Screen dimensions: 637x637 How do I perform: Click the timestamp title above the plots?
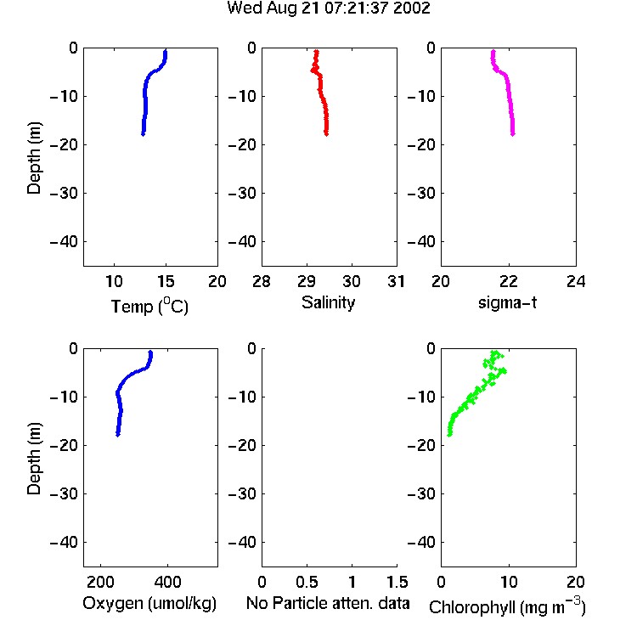pos(328,8)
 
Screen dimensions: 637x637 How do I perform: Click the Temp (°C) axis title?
pos(149,306)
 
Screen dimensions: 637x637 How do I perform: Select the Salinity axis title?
pos(328,302)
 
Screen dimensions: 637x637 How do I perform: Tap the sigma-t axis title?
pos(507,302)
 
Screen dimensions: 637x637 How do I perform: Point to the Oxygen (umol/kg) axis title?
pos(149,603)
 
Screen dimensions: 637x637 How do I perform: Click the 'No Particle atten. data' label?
pos(328,603)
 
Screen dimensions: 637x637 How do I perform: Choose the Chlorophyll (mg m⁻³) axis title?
pos(507,606)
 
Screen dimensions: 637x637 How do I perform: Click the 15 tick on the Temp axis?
pos(166,281)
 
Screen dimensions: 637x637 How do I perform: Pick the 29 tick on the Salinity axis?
pos(307,281)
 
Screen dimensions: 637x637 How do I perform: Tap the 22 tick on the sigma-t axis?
pos(508,281)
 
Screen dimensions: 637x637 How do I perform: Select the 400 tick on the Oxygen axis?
pos(167,582)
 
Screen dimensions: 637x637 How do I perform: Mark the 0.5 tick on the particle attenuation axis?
pos(307,582)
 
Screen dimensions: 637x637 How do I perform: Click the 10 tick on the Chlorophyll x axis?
pos(509,582)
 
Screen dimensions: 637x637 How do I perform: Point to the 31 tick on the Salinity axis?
pos(396,281)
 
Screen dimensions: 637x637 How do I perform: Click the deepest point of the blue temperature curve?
pos(143,133)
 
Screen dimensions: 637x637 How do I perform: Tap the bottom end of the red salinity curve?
pos(326,133)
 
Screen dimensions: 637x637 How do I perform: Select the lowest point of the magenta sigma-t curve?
pos(513,133)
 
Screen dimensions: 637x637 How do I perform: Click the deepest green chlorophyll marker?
pos(449,434)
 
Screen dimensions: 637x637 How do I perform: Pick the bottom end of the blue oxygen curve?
pos(118,434)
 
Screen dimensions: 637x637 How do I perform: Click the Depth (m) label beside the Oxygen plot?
pos(34,459)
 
